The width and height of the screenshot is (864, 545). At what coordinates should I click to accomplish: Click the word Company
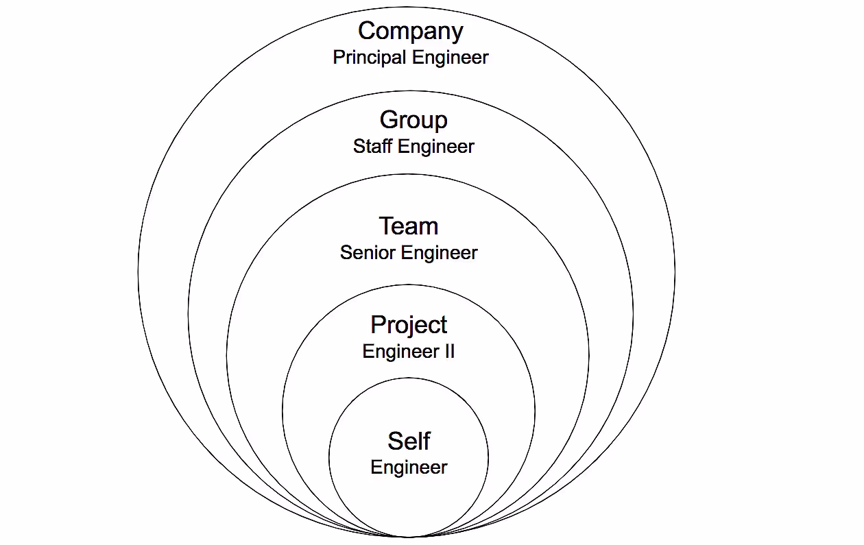(410, 32)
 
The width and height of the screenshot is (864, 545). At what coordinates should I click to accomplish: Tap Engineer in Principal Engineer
(450, 58)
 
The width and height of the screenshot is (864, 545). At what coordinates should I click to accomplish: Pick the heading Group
(413, 120)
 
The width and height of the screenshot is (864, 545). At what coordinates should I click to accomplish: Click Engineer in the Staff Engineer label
(436, 146)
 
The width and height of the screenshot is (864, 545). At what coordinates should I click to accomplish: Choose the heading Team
(409, 226)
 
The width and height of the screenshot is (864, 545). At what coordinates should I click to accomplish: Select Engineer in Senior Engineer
(439, 252)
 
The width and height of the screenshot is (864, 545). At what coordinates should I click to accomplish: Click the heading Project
(409, 325)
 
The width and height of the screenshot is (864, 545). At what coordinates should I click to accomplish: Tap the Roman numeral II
(448, 352)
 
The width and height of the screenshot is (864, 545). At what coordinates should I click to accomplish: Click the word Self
(409, 441)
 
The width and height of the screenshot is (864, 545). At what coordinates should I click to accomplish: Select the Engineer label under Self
(409, 468)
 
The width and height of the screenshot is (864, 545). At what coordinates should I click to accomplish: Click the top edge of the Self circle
(409, 378)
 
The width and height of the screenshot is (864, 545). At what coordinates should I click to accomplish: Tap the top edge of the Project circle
(409, 284)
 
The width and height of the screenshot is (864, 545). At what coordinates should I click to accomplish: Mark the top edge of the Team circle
(409, 174)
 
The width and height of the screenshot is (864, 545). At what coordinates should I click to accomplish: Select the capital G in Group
(389, 120)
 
